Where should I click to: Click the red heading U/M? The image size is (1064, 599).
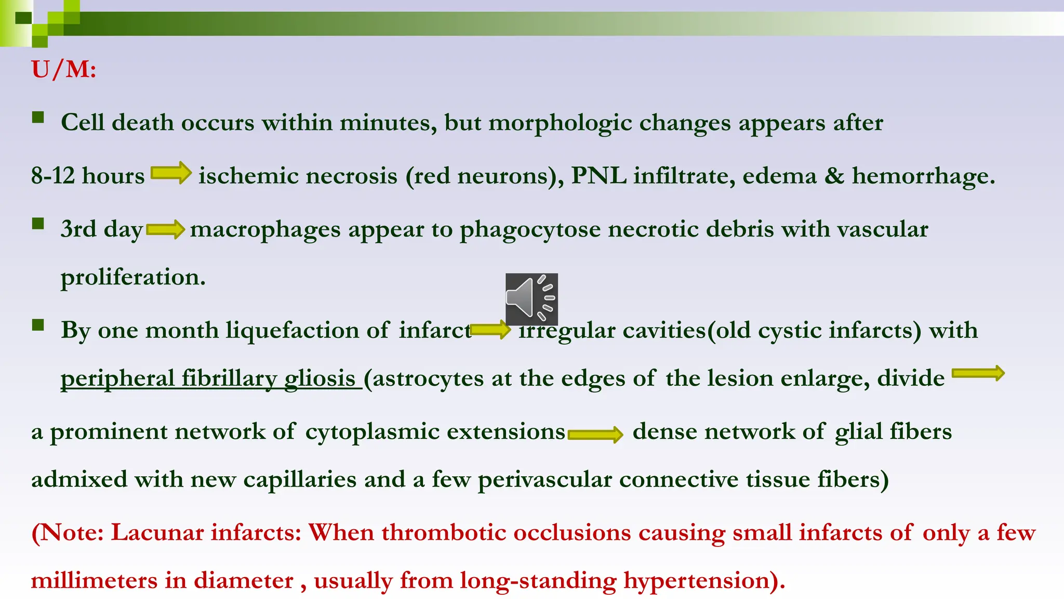pyautogui.click(x=63, y=69)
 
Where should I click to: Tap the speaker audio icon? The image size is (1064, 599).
pyautogui.click(x=531, y=299)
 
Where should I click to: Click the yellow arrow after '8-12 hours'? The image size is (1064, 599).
pyautogui.click(x=171, y=173)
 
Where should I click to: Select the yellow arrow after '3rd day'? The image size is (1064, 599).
pyautogui.click(x=166, y=229)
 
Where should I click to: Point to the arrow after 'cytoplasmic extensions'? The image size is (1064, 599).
pyautogui.click(x=595, y=434)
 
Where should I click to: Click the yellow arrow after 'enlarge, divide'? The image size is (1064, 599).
pyautogui.click(x=978, y=373)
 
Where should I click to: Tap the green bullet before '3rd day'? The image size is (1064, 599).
pyautogui.click(x=38, y=224)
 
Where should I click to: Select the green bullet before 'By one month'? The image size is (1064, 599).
pyautogui.click(x=38, y=325)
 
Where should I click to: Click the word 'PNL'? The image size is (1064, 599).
pyautogui.click(x=598, y=176)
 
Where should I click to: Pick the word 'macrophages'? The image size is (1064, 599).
pyautogui.click(x=265, y=229)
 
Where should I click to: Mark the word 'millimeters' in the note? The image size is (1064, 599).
pyautogui.click(x=94, y=581)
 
